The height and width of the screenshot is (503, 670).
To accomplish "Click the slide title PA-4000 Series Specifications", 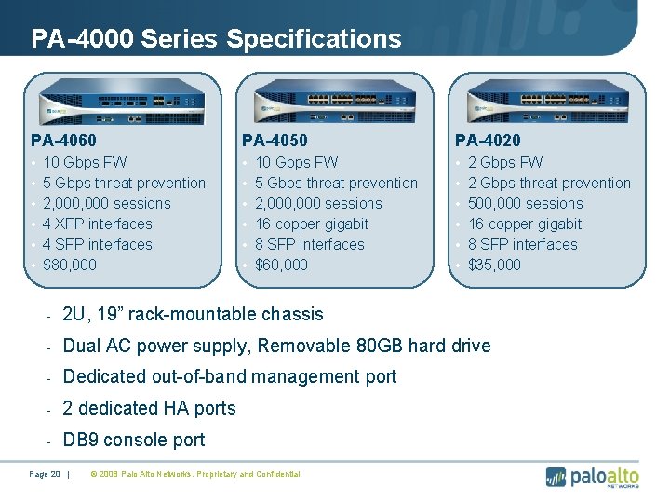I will click(x=216, y=39).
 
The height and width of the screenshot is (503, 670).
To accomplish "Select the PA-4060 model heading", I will click(x=63, y=141).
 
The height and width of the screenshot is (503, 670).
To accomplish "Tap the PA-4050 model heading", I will click(x=275, y=141).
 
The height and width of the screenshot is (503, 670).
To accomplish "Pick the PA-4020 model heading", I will click(x=488, y=141).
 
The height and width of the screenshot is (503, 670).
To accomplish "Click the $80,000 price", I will click(x=70, y=265).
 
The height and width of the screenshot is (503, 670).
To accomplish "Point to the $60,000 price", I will click(x=282, y=265).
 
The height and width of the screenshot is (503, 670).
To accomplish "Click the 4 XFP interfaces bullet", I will click(x=98, y=224).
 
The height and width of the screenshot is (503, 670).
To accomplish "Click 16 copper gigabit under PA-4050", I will click(x=312, y=224).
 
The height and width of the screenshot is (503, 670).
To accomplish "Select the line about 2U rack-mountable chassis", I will click(x=193, y=314).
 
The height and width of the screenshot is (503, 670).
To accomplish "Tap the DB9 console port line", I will click(x=133, y=440).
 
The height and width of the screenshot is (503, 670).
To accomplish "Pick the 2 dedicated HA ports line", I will click(x=149, y=408).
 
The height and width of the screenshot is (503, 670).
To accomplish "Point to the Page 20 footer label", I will click(x=45, y=475).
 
